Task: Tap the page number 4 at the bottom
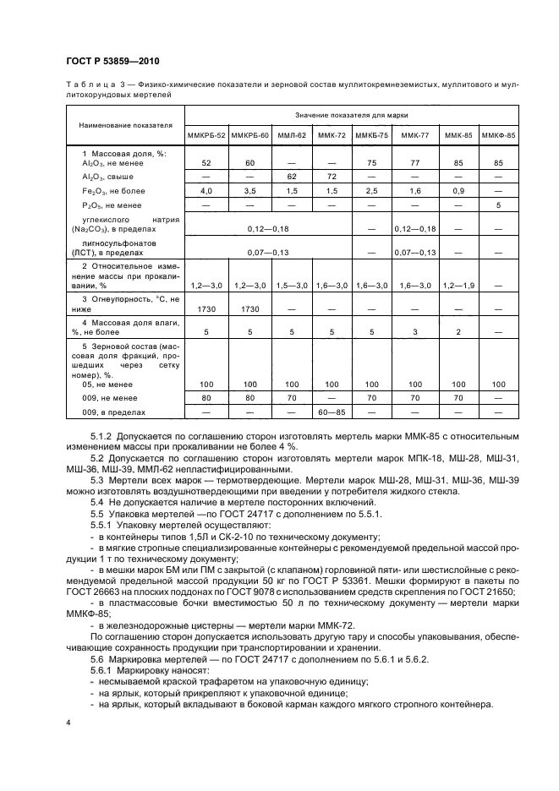pyautogui.click(x=68, y=723)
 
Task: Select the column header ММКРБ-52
pyautogui.click(x=206, y=134)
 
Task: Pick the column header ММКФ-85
pyautogui.click(x=498, y=134)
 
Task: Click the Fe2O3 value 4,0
pyautogui.click(x=206, y=192)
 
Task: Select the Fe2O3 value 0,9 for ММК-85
pyautogui.click(x=458, y=192)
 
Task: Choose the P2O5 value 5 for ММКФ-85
pyautogui.click(x=498, y=205)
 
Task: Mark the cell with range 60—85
pyautogui.click(x=332, y=412)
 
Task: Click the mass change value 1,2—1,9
pyautogui.click(x=458, y=286)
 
